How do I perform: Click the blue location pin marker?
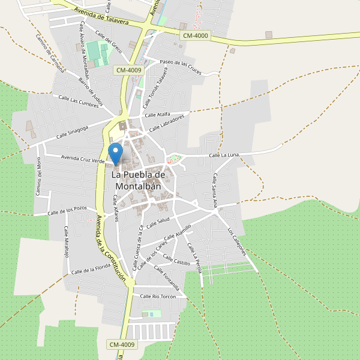pyautogui.click(x=115, y=152)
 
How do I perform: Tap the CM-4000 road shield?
pyautogui.click(x=195, y=36)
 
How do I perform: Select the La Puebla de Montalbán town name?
pyautogui.click(x=138, y=180)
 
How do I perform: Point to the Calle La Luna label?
pyautogui.click(x=224, y=155)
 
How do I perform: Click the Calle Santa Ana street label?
pyautogui.click(x=215, y=190)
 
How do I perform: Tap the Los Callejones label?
pyautogui.click(x=237, y=241)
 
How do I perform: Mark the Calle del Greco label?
pyautogui.click(x=109, y=39)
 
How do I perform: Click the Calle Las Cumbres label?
pyautogui.click(x=79, y=101)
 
